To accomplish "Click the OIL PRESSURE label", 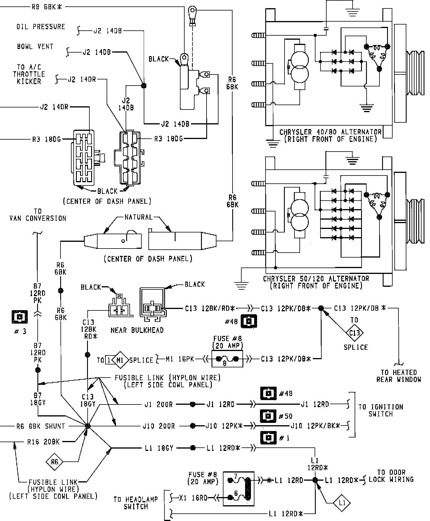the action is tap(41, 27).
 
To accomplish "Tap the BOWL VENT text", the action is tap(35, 46).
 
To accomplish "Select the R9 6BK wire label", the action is tap(47, 7).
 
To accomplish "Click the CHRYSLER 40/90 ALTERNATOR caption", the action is tap(330, 136).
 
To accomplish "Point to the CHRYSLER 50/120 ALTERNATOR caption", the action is tap(316, 282).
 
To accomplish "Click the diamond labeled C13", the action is tap(355, 333).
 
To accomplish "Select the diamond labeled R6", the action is tap(55, 462).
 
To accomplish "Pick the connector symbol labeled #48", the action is tap(249, 322).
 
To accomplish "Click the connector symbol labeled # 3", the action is tap(20, 317).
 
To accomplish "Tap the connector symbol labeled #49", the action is tap(268, 393).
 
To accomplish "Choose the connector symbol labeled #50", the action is tap(268, 416).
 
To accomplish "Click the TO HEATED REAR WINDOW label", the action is tap(399, 376).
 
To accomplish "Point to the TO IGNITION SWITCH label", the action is tap(381, 410).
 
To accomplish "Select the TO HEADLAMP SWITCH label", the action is tap(136, 503).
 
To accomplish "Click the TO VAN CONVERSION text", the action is tap(38, 215).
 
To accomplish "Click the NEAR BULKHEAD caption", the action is tap(137, 330).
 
